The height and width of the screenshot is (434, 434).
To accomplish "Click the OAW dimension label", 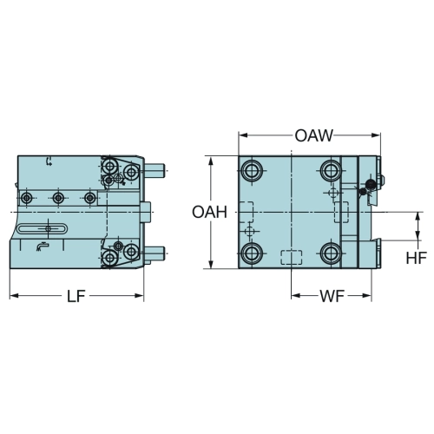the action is pyautogui.click(x=314, y=135).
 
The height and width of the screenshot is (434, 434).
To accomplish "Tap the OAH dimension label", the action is pyautogui.click(x=210, y=212).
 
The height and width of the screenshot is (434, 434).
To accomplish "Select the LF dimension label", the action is pyautogui.click(x=76, y=296).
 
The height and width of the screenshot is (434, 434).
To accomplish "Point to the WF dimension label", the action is pyautogui.click(x=332, y=296).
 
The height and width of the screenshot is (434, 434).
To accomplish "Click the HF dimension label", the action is pyautogui.click(x=417, y=258).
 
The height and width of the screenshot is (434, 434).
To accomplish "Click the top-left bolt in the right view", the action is pyautogui.click(x=252, y=170).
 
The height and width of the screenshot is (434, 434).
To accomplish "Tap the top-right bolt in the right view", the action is pyautogui.click(x=332, y=170).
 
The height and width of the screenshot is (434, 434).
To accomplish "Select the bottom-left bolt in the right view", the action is pyautogui.click(x=252, y=253).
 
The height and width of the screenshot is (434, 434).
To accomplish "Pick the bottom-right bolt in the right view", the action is pyautogui.click(x=332, y=253).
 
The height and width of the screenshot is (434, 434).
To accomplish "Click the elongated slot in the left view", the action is pyautogui.click(x=43, y=228).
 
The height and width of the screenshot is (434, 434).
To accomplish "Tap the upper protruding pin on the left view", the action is pyautogui.click(x=155, y=170).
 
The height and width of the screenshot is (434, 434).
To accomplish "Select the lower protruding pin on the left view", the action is pyautogui.click(x=155, y=253).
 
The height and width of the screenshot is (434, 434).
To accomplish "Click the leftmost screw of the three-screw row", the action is pyautogui.click(x=27, y=198).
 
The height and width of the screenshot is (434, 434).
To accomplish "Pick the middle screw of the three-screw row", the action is pyautogui.click(x=58, y=198).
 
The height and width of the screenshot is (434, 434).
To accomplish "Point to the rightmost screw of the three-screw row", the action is pyautogui.click(x=90, y=198).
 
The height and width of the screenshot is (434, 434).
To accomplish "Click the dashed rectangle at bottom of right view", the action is pyautogui.click(x=292, y=257).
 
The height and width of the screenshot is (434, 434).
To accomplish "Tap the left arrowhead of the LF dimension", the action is pyautogui.click(x=15, y=296).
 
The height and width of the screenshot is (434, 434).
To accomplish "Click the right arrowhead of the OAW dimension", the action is pyautogui.click(x=376, y=135).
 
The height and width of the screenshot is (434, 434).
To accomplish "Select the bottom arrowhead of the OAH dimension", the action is pyautogui.click(x=212, y=264).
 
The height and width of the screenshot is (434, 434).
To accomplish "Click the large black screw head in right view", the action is pyautogui.click(x=371, y=184).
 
